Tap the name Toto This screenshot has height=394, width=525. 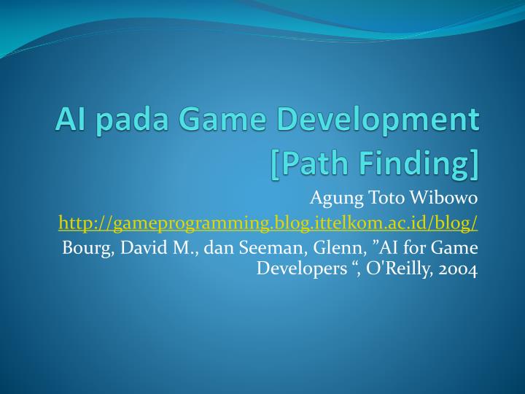coord(388,198)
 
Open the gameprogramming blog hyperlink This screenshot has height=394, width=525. coord(268,222)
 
